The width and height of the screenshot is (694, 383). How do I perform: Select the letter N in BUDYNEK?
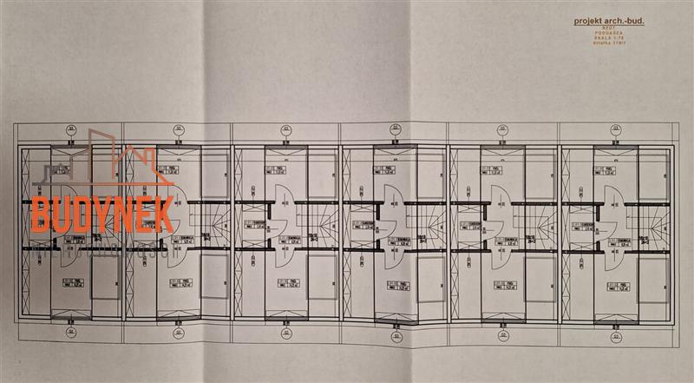click(120, 214)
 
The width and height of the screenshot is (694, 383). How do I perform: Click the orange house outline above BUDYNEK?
click(130, 161)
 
